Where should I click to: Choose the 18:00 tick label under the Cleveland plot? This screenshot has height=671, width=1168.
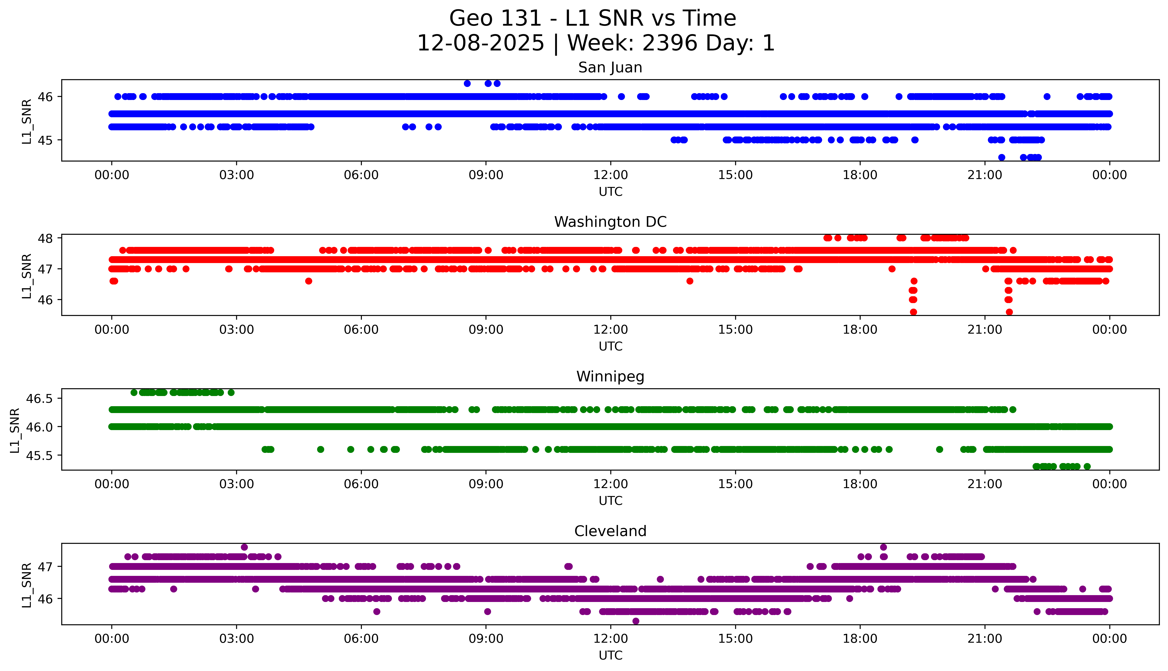pos(860,639)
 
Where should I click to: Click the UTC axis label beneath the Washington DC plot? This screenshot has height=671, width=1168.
pos(610,346)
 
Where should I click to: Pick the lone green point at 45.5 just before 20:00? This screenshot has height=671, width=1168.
pos(939,449)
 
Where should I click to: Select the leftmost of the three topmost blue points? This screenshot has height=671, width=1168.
pos(467,83)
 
